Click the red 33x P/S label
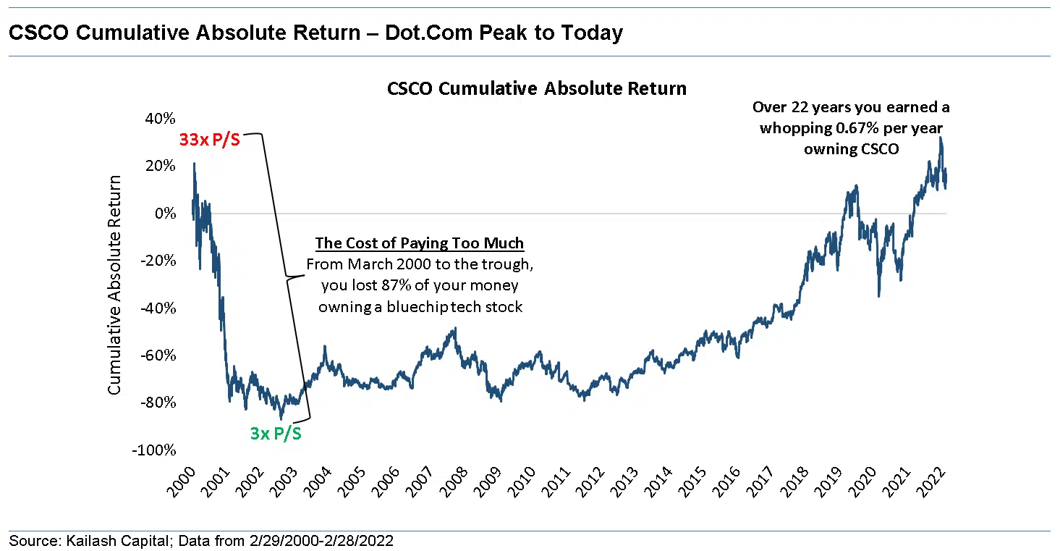point(209,140)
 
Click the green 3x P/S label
point(276,434)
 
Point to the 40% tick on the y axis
point(161,118)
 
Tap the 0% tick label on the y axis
point(166,213)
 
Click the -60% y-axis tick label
point(159,355)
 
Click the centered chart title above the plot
point(536,88)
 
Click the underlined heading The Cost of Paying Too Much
point(420,243)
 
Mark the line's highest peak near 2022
point(941,138)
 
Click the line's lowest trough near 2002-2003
point(281,418)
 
